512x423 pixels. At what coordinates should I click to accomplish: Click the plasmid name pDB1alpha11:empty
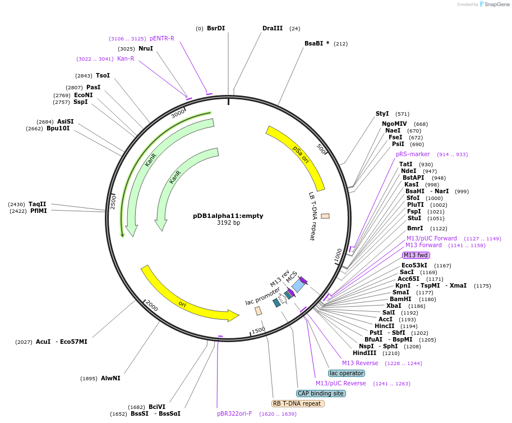coord(228,215)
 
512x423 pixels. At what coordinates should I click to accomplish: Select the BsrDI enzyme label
coord(215,28)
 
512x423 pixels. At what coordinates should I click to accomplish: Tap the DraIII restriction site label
coord(273,28)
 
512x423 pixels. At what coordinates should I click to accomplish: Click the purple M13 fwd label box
coord(416,255)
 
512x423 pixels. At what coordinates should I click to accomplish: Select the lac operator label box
coord(346,373)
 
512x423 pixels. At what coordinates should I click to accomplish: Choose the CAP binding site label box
coord(321,393)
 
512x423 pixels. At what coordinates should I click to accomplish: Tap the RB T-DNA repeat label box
coord(298,403)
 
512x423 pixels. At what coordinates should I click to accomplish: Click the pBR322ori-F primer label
coord(234,413)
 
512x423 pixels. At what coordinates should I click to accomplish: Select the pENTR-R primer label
coord(162,38)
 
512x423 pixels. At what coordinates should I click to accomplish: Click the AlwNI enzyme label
coord(110,378)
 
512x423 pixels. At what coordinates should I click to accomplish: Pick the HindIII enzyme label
coord(365,353)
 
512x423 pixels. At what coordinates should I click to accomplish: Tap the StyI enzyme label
coord(382,113)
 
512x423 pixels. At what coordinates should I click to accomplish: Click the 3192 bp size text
coord(228,223)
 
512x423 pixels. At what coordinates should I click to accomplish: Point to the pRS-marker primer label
coord(413,154)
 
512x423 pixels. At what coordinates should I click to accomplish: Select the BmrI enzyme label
coord(415,228)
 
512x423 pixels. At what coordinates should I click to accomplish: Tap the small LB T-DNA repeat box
coord(325,216)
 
